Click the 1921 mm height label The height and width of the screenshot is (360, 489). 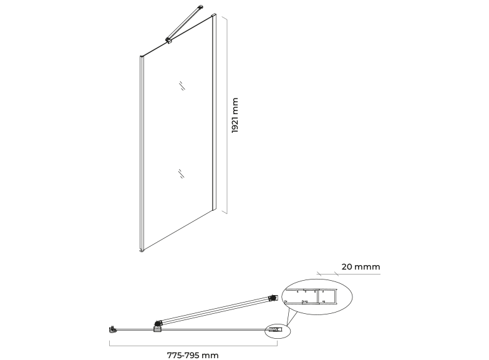click(x=235, y=115)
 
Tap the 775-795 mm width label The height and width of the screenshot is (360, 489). click(x=193, y=356)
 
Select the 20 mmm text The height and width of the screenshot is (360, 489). click(x=361, y=267)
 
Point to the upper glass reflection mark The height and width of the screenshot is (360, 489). click(x=182, y=85)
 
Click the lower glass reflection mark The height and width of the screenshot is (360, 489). click(x=181, y=173)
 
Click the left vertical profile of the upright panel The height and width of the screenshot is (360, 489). click(x=142, y=153)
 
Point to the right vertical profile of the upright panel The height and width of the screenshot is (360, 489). click(x=214, y=112)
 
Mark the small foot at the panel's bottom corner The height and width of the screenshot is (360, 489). click(x=142, y=250)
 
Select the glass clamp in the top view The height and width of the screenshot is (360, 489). click(x=157, y=327)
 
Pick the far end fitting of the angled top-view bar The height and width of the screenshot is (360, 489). click(x=273, y=298)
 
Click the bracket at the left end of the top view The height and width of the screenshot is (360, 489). click(x=113, y=329)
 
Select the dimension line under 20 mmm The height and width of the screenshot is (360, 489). click(x=348, y=275)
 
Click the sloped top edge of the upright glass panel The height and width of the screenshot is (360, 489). click(x=176, y=36)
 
